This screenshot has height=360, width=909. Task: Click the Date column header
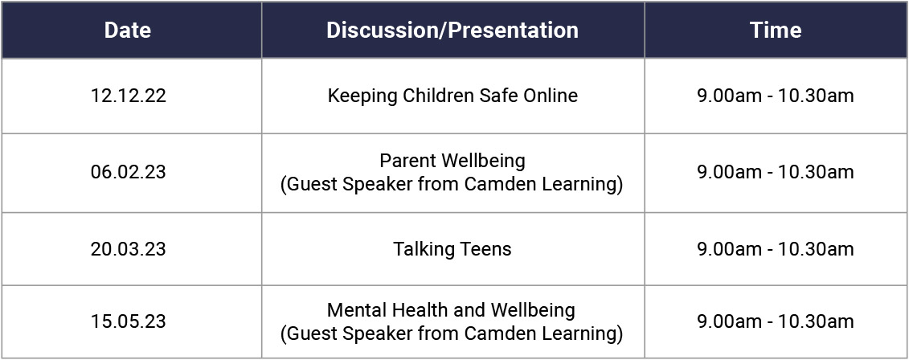(128, 31)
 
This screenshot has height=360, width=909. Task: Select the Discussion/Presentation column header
(452, 31)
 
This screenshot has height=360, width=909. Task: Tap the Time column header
(776, 31)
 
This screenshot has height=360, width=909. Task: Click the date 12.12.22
(128, 96)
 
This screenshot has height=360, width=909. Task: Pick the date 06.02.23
(128, 172)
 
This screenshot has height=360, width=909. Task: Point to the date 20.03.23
(128, 249)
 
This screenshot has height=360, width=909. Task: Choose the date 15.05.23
(128, 321)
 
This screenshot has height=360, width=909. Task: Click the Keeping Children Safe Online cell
(452, 96)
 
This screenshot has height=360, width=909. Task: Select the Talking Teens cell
(452, 249)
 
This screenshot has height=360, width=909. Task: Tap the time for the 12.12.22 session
(776, 96)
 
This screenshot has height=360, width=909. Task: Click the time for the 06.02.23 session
(776, 172)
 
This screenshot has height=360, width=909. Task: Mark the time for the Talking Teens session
(776, 249)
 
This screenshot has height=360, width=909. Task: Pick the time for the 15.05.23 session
(776, 321)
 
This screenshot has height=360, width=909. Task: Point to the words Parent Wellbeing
(452, 161)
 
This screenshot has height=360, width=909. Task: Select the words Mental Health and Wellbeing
(451, 310)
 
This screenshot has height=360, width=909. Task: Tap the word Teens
(485, 249)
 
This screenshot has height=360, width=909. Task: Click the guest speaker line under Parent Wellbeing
(452, 185)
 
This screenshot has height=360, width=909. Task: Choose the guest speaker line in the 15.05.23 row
(452, 334)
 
